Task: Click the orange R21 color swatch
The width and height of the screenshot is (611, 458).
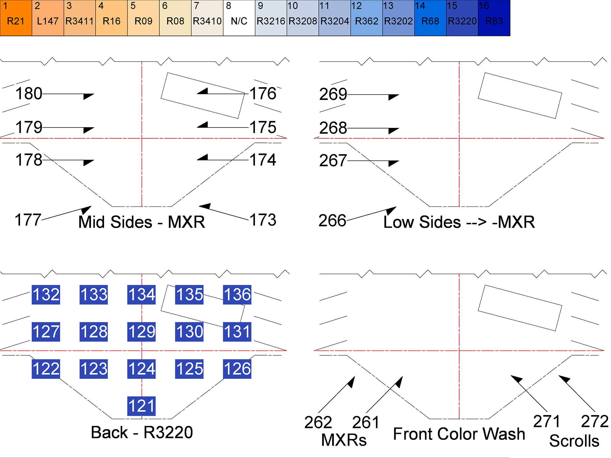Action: tap(16, 18)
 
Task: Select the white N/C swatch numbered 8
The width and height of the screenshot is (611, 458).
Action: tap(239, 18)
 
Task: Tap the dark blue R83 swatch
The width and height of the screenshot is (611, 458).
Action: tap(494, 18)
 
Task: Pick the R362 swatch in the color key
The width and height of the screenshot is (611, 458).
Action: tap(367, 18)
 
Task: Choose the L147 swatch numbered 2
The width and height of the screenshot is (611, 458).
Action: tap(48, 18)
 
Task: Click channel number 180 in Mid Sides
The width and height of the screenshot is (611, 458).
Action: tap(29, 94)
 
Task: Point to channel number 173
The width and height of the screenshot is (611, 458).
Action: tap(263, 220)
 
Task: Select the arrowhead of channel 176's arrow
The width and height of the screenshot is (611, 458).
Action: tap(203, 92)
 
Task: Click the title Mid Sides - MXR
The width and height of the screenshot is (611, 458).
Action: tap(142, 222)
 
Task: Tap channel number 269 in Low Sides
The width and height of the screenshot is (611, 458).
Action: tap(333, 94)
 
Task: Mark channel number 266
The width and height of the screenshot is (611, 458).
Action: tap(332, 220)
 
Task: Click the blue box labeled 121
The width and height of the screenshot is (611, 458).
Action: tap(141, 406)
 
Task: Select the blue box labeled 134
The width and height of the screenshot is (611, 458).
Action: tap(141, 295)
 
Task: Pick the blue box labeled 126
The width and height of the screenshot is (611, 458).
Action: tap(237, 369)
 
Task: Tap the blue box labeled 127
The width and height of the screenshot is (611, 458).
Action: tap(46, 332)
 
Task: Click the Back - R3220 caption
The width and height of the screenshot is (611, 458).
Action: tap(142, 432)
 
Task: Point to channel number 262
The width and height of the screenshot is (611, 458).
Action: tap(318, 422)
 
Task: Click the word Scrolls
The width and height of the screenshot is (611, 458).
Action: tap(574, 441)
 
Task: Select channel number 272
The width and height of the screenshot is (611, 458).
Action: tap(594, 421)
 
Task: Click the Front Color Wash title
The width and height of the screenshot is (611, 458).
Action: tap(459, 434)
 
